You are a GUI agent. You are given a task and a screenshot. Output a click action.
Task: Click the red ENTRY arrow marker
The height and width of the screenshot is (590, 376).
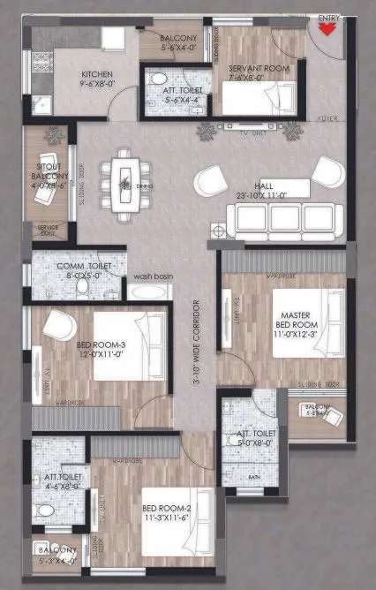(x=327, y=28)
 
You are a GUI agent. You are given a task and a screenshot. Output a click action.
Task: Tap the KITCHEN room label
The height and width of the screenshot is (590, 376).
(x=94, y=74)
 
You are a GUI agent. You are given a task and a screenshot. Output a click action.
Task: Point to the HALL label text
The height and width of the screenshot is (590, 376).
(x=264, y=186)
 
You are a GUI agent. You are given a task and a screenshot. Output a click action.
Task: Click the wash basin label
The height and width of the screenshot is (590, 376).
(x=151, y=276)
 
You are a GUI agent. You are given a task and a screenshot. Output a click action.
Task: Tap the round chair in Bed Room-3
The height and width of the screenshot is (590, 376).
(x=58, y=324)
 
